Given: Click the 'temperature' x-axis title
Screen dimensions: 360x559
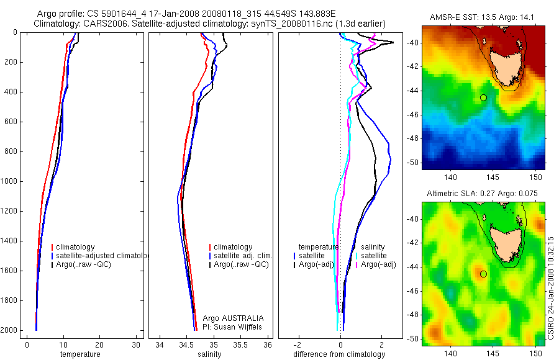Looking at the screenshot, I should click(x=80, y=354).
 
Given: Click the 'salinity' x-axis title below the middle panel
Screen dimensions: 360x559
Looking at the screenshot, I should click(x=210, y=354).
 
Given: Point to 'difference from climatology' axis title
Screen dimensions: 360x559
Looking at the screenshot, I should click(x=339, y=354).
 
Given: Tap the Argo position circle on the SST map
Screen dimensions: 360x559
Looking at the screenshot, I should click(x=483, y=97).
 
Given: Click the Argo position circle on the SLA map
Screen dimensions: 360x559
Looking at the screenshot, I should click(x=483, y=274).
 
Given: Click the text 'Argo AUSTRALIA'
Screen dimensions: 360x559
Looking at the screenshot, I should click(x=229, y=318).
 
